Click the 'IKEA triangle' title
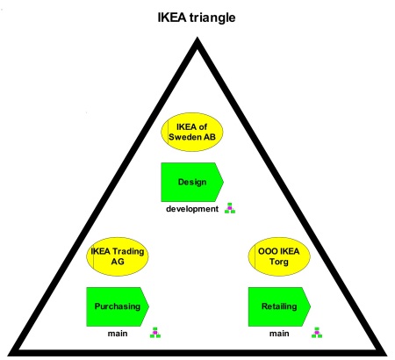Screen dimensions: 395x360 [x=197, y=18]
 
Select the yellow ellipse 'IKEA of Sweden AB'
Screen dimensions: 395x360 [x=192, y=132]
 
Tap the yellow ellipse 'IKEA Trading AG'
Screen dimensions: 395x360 [x=118, y=256]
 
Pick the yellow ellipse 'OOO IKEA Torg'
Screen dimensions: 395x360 [x=279, y=256]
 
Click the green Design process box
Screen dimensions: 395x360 [x=192, y=182]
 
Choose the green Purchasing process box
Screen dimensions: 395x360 [x=118, y=306]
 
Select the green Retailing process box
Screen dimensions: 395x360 [x=279, y=306]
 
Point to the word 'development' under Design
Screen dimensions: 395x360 [x=192, y=209]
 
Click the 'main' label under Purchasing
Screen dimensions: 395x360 [x=118, y=334]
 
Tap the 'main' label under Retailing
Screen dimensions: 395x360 [x=279, y=334]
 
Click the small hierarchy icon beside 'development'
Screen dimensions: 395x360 [x=230, y=208]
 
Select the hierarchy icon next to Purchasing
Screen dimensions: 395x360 [x=155, y=333]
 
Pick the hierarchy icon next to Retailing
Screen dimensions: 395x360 [x=317, y=333]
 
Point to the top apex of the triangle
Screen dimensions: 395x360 [x=197, y=37]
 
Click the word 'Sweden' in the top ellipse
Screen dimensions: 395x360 [x=182, y=137]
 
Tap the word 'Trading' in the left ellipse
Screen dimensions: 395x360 [x=128, y=252]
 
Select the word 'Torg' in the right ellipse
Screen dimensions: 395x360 [x=279, y=262]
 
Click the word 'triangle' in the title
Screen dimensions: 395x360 [x=212, y=18]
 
